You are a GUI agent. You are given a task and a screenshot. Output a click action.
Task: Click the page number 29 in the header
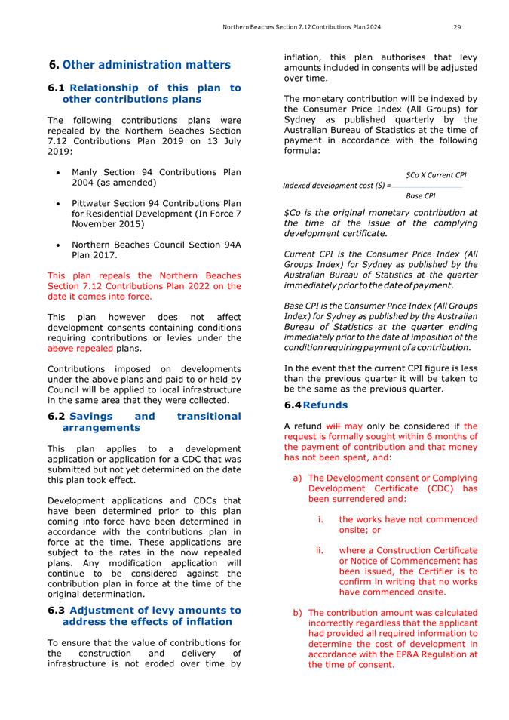pyautogui.click(x=457, y=28)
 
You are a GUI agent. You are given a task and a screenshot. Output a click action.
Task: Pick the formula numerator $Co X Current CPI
pyautogui.click(x=436, y=174)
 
